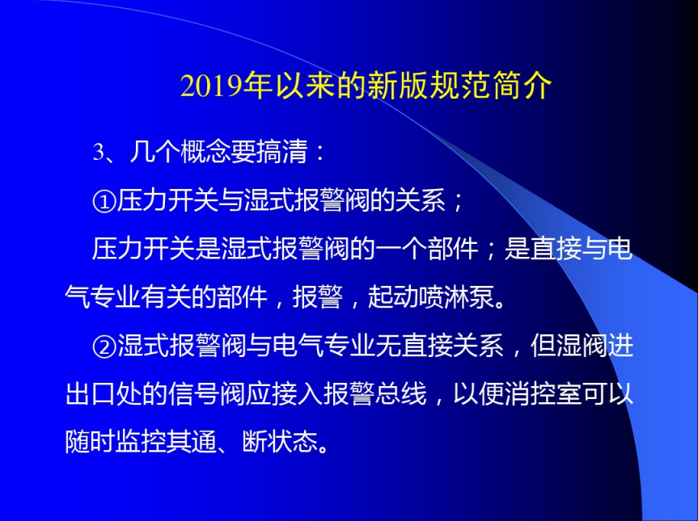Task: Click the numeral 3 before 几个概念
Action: coord(98,153)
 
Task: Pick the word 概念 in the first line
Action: coord(205,152)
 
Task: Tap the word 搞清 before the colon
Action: coord(281,152)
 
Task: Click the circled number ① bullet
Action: coord(104,201)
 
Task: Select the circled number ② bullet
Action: coord(104,347)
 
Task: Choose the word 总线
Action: coord(401,394)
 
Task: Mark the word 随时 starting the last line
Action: coord(91,443)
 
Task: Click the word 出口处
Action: coord(103,394)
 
